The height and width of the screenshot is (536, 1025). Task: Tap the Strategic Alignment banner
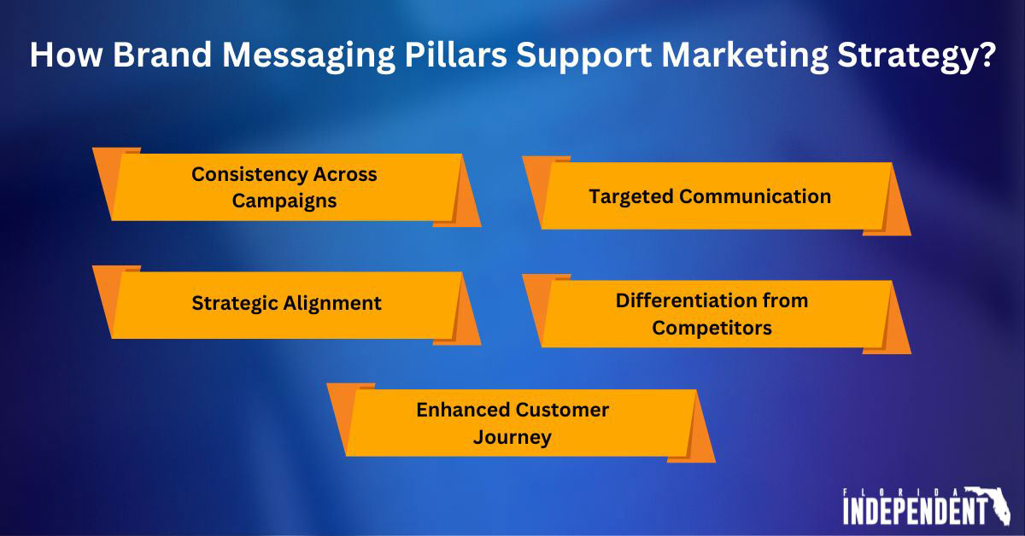click(x=286, y=304)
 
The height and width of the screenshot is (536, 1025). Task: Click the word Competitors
click(x=712, y=328)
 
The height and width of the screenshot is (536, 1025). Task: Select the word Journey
click(x=512, y=438)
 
